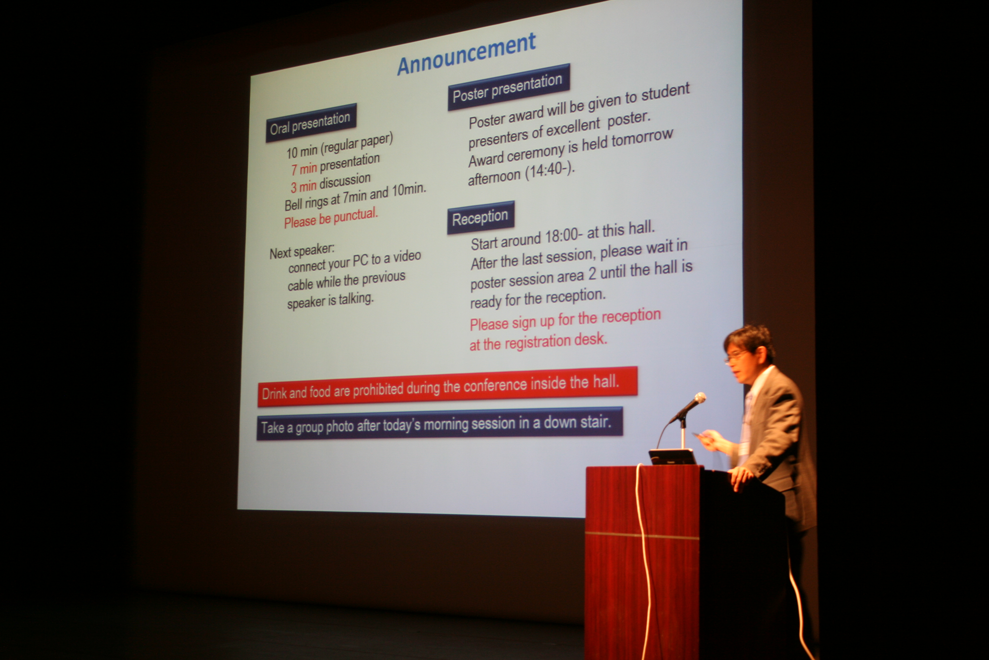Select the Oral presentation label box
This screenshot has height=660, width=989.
tap(311, 122)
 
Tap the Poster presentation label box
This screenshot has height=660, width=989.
tap(509, 87)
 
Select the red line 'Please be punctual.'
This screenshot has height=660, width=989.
tap(331, 218)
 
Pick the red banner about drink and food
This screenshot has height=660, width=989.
tap(447, 387)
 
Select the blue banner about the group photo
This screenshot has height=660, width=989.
tap(439, 424)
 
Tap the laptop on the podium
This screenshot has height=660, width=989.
tap(672, 457)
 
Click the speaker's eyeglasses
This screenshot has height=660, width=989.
tap(736, 356)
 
